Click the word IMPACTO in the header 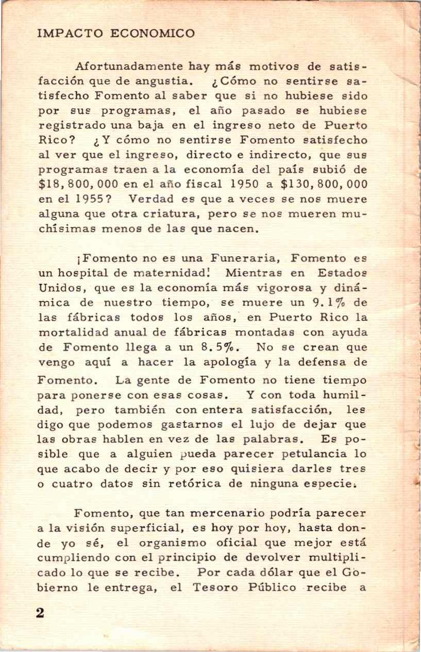point(66,34)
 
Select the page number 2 point(40,613)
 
